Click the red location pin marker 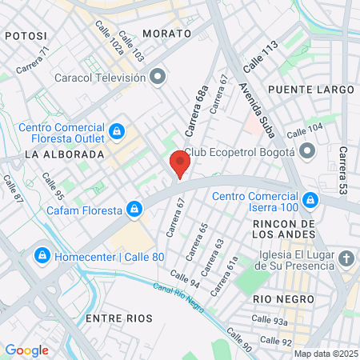tap(180, 165)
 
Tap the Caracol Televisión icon tap(158, 78)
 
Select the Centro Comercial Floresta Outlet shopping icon tap(117, 130)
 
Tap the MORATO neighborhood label tap(167, 34)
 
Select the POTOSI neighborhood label tap(26, 36)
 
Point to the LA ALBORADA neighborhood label tap(65, 154)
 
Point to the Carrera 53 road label tap(343, 170)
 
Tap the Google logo tap(27, 350)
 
